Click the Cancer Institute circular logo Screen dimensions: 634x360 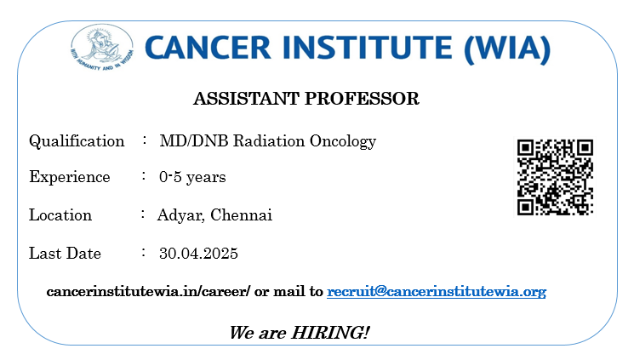tap(102, 48)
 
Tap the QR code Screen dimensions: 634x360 tap(555, 177)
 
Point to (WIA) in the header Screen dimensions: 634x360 tap(507, 49)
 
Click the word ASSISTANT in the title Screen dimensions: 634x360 tap(245, 99)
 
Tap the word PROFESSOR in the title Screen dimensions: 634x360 tap(362, 99)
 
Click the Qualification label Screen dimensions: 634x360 tap(77, 141)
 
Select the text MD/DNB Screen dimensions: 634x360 tap(194, 141)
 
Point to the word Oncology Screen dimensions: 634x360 tap(343, 142)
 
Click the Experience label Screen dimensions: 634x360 tap(70, 178)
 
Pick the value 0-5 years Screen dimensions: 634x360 tap(192, 178)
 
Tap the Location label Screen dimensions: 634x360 tap(60, 214)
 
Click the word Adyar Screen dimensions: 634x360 tap(180, 215)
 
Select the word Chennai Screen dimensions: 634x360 tap(242, 214)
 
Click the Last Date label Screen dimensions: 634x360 tap(65, 254)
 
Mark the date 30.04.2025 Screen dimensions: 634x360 tap(198, 254)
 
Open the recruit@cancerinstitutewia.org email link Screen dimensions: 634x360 tap(437, 292)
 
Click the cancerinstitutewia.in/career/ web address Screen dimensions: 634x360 tap(148, 291)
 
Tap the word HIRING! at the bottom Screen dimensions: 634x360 tap(330, 333)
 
